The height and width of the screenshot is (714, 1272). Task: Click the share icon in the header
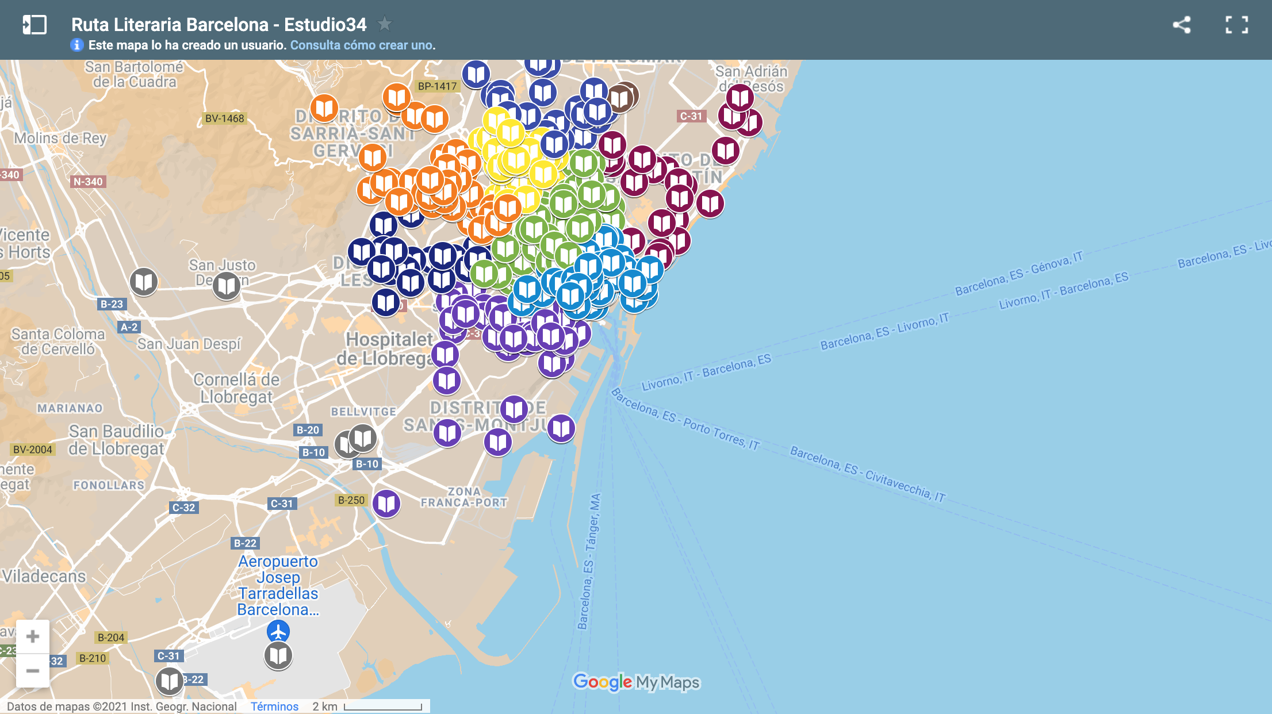[x=1182, y=25]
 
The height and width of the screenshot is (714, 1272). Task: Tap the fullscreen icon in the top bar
[x=1236, y=25]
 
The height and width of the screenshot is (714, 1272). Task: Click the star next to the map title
[x=385, y=24]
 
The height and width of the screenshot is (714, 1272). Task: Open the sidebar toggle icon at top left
[x=35, y=25]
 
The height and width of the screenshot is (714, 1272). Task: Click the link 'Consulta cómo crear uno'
[x=362, y=45]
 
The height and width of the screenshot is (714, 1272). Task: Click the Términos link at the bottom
[x=274, y=707]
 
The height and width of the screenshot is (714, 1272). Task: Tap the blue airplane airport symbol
[x=278, y=632]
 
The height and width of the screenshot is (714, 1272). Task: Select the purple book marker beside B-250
[x=386, y=504]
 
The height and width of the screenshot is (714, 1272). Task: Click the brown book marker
[x=620, y=98]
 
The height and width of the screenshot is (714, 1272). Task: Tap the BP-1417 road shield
[x=437, y=86]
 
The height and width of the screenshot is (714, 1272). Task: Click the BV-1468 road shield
[x=224, y=118]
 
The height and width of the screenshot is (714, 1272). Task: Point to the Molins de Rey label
[x=60, y=138]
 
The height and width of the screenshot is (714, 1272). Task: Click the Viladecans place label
[x=44, y=576]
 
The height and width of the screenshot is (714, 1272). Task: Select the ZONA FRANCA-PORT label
[x=464, y=497]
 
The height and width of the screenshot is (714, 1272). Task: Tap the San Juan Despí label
[x=189, y=344]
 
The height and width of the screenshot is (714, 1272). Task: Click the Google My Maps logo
[x=636, y=682]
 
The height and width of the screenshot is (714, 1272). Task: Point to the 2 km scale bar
[x=383, y=707]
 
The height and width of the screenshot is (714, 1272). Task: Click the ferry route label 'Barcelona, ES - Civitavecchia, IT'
[x=868, y=474]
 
